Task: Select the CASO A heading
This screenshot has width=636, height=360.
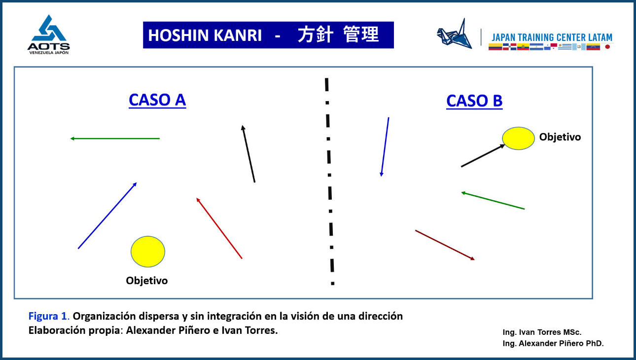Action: click(x=157, y=100)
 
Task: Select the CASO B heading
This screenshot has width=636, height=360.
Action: click(x=474, y=101)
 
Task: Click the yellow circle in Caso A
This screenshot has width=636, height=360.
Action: click(x=148, y=252)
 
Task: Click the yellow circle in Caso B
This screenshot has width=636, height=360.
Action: click(x=518, y=139)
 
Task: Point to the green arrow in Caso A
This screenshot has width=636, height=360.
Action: click(x=115, y=139)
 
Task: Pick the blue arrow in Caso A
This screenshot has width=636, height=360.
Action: click(x=107, y=216)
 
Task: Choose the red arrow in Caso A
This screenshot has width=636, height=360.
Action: click(x=219, y=228)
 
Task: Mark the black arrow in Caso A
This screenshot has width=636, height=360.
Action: click(x=248, y=154)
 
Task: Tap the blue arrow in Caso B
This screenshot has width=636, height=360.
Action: click(x=385, y=146)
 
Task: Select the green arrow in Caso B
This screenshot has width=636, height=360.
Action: click(x=493, y=201)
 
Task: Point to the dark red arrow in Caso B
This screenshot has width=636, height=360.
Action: click(x=445, y=245)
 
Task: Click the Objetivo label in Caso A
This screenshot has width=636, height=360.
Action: click(x=147, y=281)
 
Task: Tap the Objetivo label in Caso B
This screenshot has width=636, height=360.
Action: click(x=560, y=137)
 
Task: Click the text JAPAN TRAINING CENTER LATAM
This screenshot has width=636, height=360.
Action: click(x=552, y=37)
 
